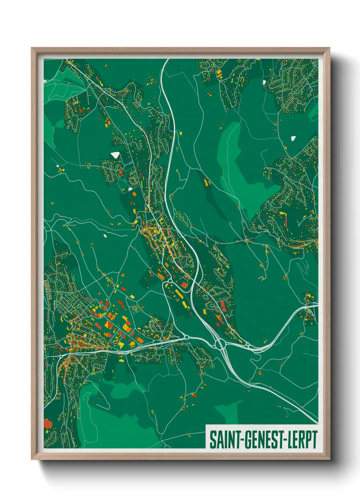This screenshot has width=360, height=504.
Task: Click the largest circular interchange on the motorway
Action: (x=219, y=344)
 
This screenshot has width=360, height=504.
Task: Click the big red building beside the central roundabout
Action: (x=184, y=285)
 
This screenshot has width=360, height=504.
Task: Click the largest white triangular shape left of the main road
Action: (x=115, y=155)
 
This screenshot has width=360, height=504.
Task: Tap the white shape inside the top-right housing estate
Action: (x=264, y=82)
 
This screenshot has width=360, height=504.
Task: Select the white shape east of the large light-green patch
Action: (x=293, y=138)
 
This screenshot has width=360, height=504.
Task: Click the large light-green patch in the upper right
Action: (x=238, y=170)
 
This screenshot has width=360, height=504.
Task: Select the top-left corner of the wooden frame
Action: (x=32, y=48)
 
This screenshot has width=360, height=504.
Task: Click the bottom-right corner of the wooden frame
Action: (x=329, y=459)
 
